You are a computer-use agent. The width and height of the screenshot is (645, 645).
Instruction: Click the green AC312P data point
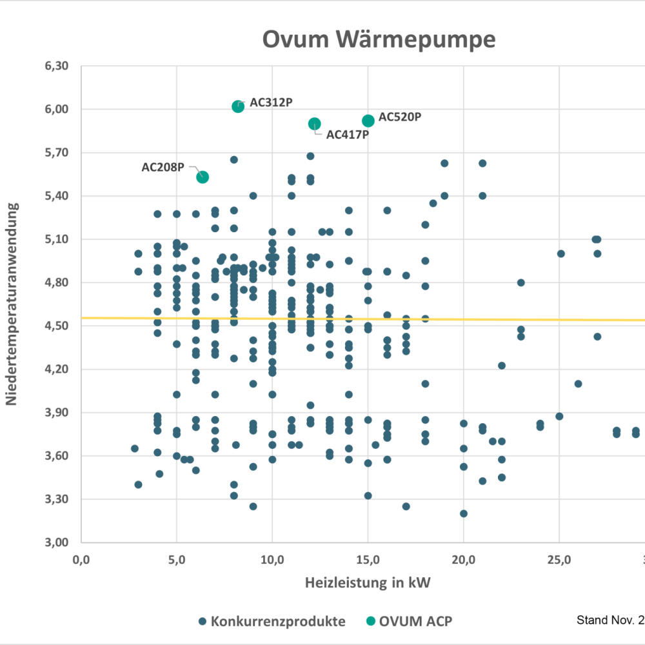click(x=238, y=106)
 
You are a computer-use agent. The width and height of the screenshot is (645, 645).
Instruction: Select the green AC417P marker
click(x=315, y=124)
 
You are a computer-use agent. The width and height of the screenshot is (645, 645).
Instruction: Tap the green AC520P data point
click(x=368, y=121)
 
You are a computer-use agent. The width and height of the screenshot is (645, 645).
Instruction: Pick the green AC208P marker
click(x=203, y=177)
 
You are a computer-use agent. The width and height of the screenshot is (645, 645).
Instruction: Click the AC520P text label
click(x=400, y=117)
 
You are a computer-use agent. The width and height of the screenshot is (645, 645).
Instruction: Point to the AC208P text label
click(x=163, y=167)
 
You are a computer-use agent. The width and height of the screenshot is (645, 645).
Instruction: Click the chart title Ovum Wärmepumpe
click(x=379, y=39)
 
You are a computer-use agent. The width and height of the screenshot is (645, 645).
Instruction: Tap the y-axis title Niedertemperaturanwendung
click(x=11, y=304)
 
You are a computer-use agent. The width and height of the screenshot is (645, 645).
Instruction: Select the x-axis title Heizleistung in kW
click(x=368, y=583)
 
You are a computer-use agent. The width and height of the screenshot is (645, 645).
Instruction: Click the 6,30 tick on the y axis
click(x=57, y=66)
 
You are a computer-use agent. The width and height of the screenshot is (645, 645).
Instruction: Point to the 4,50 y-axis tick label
click(x=57, y=326)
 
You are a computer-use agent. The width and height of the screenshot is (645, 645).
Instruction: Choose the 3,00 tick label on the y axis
click(x=57, y=542)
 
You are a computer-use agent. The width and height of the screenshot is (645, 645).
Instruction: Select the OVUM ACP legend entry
click(x=409, y=621)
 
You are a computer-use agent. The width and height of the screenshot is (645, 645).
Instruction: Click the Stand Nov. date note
click(x=610, y=620)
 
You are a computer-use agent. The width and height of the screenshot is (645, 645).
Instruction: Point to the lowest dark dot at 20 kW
click(x=463, y=513)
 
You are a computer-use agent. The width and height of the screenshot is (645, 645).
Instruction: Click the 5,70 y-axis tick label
click(x=57, y=153)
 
